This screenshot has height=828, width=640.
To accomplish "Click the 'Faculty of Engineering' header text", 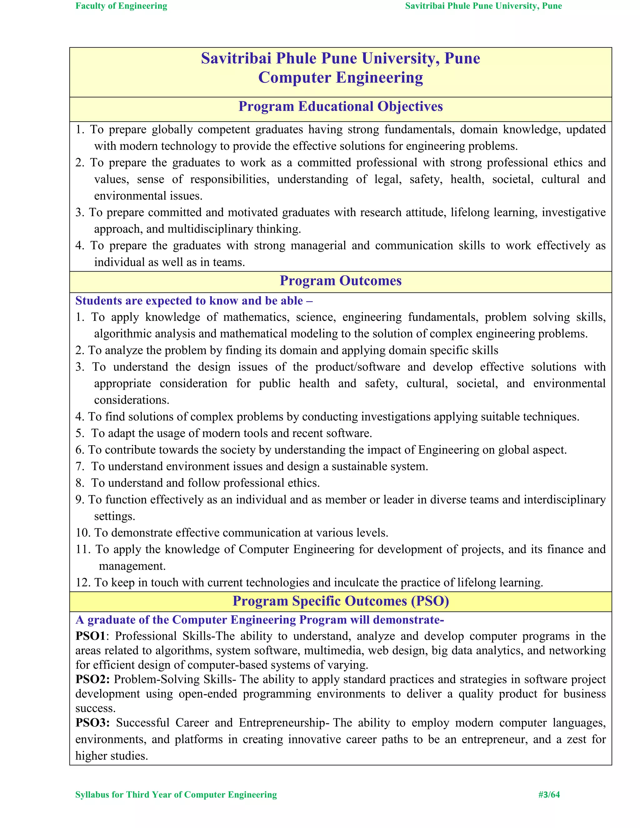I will [x=121, y=6].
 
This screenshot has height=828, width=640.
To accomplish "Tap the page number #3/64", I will [x=549, y=795].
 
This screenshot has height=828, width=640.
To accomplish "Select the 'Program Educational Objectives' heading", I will [x=341, y=107].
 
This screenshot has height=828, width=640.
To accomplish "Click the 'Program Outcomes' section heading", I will [x=341, y=281].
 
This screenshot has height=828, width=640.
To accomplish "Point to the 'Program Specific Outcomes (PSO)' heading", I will [x=341, y=601].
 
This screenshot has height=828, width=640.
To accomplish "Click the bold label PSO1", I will [x=91, y=636].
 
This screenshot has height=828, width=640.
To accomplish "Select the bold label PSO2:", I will [x=92, y=679].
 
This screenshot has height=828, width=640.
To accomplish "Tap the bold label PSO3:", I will [x=92, y=723].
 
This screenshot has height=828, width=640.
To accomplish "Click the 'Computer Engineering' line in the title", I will [x=341, y=78].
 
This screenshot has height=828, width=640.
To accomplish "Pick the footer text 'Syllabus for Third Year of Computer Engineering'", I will [x=176, y=795].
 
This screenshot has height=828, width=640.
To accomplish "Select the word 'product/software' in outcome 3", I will [x=357, y=367].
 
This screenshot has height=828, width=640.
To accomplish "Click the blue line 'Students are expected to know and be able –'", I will [x=194, y=301].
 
